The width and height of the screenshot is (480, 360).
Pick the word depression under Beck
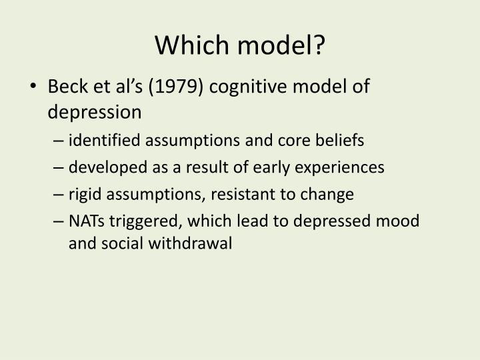tap(94, 112)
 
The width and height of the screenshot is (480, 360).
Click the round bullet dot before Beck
tap(35, 87)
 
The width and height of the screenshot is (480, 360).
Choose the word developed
tap(104, 167)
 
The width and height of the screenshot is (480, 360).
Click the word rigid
tap(83, 194)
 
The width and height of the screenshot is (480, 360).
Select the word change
tap(331, 194)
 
